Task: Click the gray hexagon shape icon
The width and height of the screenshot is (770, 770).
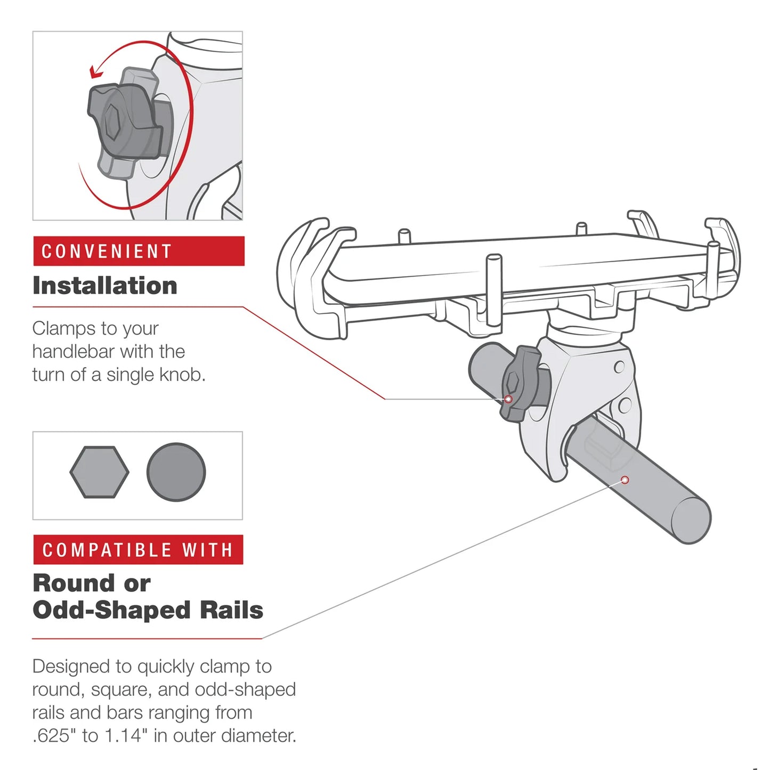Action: [99, 472]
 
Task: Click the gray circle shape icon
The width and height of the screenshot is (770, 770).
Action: [176, 472]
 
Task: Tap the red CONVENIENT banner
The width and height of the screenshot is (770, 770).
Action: [139, 251]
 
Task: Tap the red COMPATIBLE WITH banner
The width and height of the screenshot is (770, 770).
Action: [138, 549]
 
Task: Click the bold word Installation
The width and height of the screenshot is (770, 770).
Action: [105, 286]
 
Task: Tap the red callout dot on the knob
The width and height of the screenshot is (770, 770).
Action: [508, 399]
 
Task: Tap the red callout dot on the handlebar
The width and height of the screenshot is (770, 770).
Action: [625, 480]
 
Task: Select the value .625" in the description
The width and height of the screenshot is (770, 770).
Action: [54, 736]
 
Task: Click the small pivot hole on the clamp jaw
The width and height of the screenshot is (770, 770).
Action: [619, 367]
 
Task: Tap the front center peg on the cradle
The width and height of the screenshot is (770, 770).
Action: [493, 288]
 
